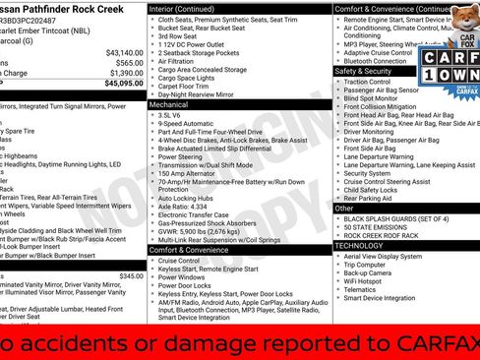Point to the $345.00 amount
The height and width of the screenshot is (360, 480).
[x=131, y=276]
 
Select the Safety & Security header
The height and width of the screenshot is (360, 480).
[x=364, y=71]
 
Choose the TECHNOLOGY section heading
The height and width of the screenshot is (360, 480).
[x=360, y=245]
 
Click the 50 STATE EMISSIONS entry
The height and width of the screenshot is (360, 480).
[x=380, y=227]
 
